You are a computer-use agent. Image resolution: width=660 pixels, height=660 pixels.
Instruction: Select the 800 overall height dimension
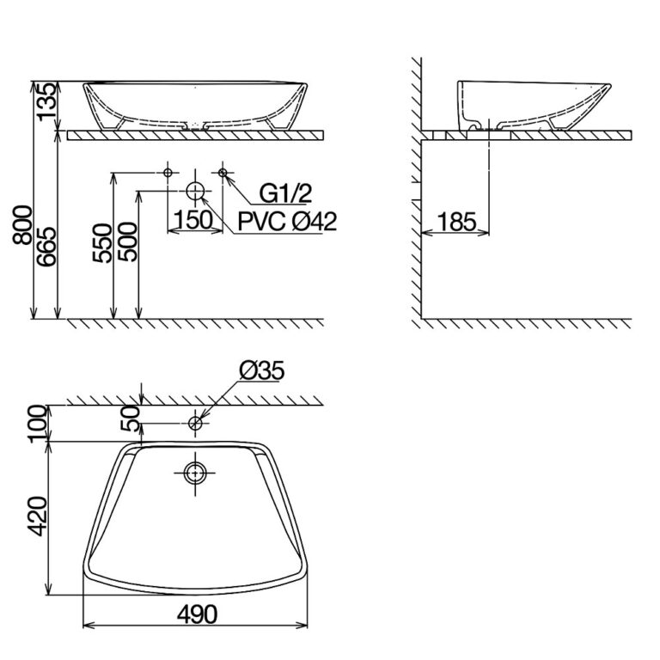coord(25,226)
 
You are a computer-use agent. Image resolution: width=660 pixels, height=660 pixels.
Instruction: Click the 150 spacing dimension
coord(193,221)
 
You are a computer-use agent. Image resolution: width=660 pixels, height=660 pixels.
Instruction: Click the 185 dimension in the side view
coord(455,222)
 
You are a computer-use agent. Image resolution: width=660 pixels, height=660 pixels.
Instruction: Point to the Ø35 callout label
coord(262,371)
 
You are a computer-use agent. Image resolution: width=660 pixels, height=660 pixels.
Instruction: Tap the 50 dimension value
coord(129,419)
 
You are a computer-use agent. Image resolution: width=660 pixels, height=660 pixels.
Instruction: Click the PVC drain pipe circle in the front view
coord(196,190)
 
